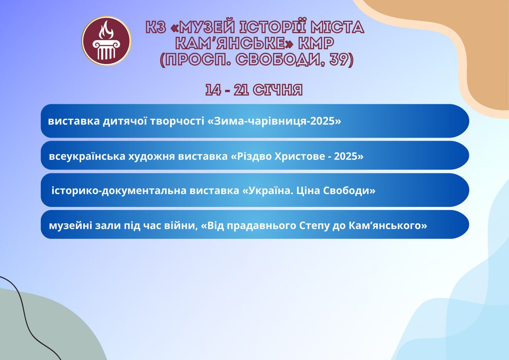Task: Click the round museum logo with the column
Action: click(x=106, y=41)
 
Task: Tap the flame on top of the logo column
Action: click(x=106, y=30)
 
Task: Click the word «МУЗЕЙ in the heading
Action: click(x=203, y=27)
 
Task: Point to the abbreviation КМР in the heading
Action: click(x=316, y=43)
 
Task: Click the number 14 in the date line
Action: click(x=213, y=90)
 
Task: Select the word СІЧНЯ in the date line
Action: click(x=278, y=90)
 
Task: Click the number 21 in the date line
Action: click(x=241, y=90)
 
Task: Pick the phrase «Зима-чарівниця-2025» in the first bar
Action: click(x=274, y=121)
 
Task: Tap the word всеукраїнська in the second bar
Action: click(x=87, y=156)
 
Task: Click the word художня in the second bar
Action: click(x=152, y=157)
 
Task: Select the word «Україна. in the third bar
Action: click(x=268, y=190)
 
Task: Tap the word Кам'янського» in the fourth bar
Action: click(x=388, y=226)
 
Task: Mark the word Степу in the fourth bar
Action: click(x=314, y=226)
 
